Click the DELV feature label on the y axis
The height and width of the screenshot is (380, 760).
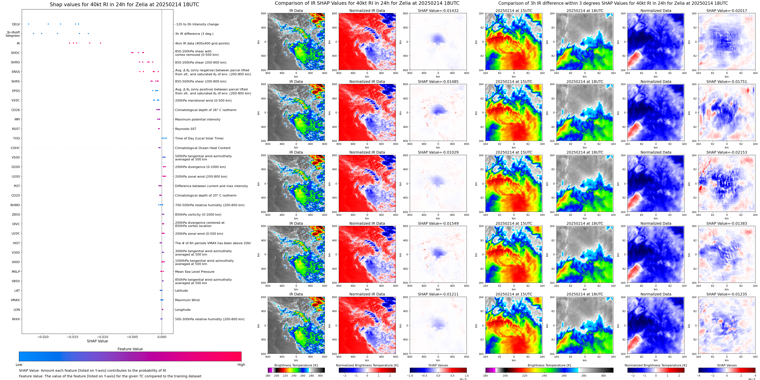(16, 24)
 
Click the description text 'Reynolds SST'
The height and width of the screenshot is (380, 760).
(186, 129)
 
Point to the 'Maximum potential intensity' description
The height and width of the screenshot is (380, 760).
(198, 119)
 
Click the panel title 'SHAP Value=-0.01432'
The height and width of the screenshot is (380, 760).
(438, 11)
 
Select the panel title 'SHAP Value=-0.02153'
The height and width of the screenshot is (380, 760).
(727, 152)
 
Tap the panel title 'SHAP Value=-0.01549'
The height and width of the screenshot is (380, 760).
(438, 223)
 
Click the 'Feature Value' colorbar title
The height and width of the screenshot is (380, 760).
(130, 349)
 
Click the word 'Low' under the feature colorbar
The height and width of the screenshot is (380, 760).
(19, 365)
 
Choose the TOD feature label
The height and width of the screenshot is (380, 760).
(16, 138)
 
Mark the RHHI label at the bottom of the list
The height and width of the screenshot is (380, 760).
(16, 319)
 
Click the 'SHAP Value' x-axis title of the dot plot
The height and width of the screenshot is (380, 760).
(97, 341)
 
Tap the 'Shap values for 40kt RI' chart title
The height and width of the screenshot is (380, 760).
(124, 4)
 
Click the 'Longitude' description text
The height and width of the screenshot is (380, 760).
(183, 310)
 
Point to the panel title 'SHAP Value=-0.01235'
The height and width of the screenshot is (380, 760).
(727, 294)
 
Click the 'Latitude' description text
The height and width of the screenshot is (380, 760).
(182, 291)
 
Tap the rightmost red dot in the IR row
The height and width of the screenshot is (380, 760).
(100, 43)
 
